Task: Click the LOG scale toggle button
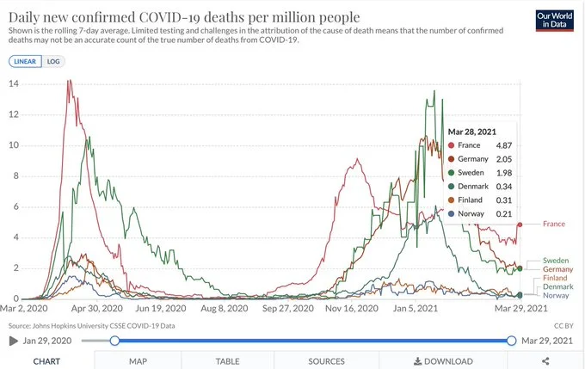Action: pos(53,61)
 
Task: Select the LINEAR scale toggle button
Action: pos(25,61)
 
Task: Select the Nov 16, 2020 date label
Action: pos(351,308)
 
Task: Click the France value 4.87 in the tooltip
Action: pos(505,145)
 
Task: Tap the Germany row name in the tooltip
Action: pos(472,159)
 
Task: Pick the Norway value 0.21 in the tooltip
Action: pos(505,213)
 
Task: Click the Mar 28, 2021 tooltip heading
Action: pos(472,131)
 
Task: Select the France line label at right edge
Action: pos(555,224)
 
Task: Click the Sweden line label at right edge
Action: pos(557,260)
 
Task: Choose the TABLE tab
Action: pos(227,361)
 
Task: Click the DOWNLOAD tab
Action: pos(443,361)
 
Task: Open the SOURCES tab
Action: pos(326,361)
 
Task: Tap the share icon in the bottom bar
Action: pos(545,361)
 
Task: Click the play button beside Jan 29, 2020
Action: pos(13,341)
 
